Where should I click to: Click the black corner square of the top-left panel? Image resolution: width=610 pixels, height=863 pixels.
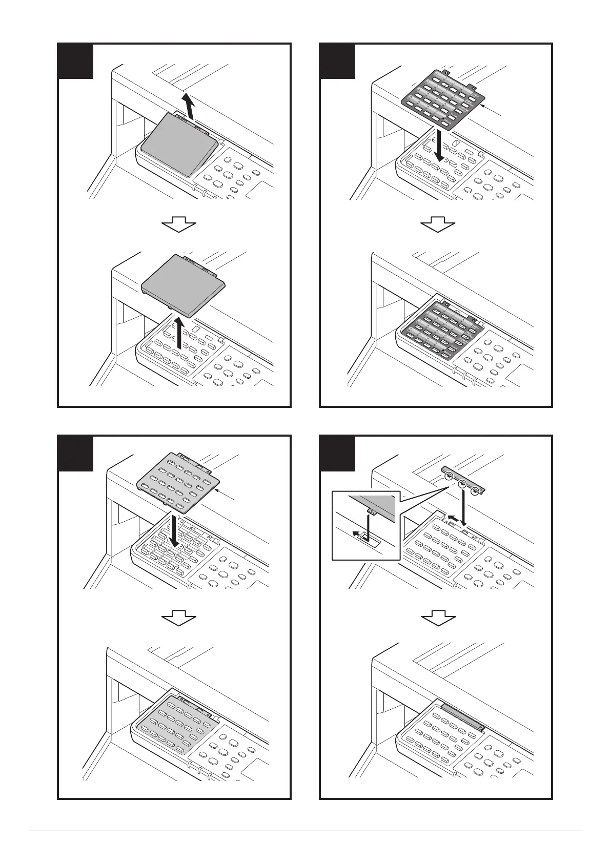click(75, 61)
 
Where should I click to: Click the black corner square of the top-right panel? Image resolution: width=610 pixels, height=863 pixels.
click(337, 61)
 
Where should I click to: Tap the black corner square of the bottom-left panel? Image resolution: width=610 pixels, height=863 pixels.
click(75, 453)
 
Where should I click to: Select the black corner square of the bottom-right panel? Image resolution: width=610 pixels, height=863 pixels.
click(337, 453)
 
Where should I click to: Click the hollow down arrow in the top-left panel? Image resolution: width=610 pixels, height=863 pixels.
click(179, 224)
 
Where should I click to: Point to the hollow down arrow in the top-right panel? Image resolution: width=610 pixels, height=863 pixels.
click(438, 224)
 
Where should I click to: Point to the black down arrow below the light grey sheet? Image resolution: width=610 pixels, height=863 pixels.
click(175, 531)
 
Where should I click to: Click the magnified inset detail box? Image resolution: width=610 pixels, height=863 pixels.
click(365, 525)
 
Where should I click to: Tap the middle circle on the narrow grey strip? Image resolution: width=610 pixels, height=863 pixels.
click(462, 483)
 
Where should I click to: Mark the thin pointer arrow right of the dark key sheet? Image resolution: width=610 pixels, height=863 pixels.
click(494, 110)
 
